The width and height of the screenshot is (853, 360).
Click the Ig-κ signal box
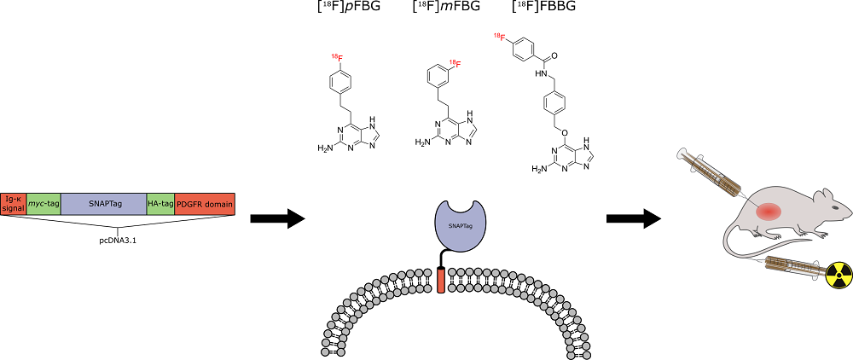click(14, 204)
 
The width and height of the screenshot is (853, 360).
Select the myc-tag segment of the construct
click(44, 204)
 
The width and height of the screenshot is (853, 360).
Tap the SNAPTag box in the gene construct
click(103, 204)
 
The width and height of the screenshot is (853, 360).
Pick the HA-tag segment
click(160, 204)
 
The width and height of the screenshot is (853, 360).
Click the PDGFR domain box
click(205, 204)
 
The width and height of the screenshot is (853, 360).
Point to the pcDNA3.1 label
click(118, 240)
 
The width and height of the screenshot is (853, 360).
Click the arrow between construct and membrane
click(277, 219)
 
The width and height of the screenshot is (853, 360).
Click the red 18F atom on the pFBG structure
click(337, 57)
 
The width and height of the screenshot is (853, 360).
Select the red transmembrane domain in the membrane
click(440, 280)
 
